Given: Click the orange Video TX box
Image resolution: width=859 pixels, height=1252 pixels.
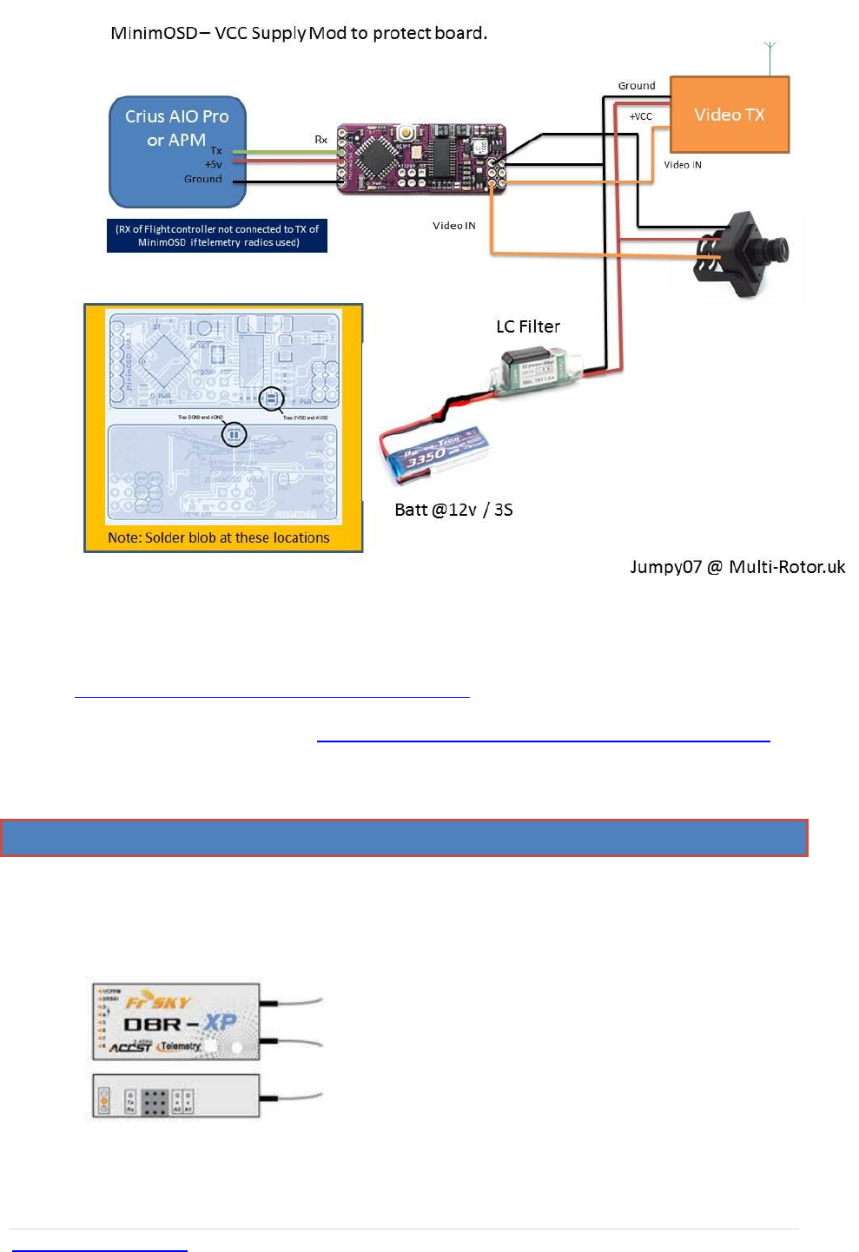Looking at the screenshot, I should (x=730, y=115).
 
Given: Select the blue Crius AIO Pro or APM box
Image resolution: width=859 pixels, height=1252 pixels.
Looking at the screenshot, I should (x=177, y=151).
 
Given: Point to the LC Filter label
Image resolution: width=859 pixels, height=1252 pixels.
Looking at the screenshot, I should (x=528, y=326).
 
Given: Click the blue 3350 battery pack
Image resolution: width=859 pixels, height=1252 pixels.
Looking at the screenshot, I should (x=435, y=452).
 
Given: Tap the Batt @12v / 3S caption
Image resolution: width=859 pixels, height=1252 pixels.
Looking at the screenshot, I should (x=453, y=510).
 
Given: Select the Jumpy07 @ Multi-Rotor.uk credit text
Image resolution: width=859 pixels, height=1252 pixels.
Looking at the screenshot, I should (x=737, y=567).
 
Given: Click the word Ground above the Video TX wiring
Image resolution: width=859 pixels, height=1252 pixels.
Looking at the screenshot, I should (x=637, y=86).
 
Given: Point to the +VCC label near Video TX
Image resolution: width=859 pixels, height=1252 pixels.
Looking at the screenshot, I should (x=641, y=116).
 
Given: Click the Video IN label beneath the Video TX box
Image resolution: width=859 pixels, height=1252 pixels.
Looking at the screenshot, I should (x=683, y=165).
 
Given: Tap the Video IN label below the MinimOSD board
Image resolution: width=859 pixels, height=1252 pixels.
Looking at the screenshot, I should (x=454, y=226).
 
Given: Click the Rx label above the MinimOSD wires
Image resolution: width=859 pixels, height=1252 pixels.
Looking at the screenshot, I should (x=321, y=140).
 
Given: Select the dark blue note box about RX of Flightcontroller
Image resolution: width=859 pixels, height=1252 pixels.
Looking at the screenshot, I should (x=217, y=235).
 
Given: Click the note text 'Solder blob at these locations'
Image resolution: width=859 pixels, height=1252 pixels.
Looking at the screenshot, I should (x=219, y=538).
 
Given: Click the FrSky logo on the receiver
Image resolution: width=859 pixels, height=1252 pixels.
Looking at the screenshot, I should (x=157, y=1002).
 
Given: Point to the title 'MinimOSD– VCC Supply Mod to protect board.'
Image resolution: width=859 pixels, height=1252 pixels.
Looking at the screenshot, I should (x=299, y=33).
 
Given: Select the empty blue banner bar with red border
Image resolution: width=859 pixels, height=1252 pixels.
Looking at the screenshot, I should (x=404, y=838).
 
